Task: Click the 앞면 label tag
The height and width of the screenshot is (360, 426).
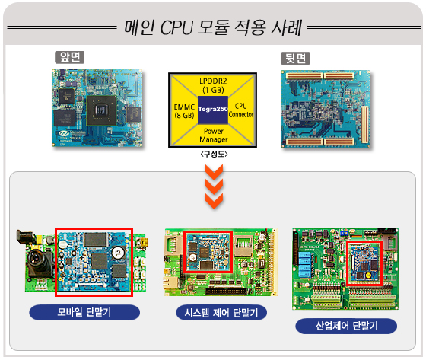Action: point(69,57)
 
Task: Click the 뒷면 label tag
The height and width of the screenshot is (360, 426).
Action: point(295,58)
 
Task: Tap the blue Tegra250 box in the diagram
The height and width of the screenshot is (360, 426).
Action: point(213,110)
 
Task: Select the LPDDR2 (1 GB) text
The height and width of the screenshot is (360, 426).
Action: point(213,85)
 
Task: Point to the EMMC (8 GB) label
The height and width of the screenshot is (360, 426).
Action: point(184,111)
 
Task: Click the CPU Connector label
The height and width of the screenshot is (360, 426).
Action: point(241,110)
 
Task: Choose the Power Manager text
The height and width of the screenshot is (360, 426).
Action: point(214,135)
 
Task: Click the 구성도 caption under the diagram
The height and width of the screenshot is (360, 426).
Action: point(214,155)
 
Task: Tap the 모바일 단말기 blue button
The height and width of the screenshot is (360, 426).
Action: point(84,312)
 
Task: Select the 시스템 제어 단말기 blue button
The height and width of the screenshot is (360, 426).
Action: point(221,313)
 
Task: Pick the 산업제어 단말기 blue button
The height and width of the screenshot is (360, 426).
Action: point(346,326)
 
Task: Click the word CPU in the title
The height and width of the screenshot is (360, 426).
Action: point(176,27)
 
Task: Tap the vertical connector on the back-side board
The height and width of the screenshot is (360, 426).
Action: point(364,125)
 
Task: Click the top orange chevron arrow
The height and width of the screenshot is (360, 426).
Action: point(214,172)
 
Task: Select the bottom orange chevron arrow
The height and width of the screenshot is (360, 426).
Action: point(214,201)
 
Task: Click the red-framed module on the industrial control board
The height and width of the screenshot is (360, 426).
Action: point(364,263)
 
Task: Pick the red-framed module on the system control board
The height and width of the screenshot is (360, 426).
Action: point(208,251)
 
